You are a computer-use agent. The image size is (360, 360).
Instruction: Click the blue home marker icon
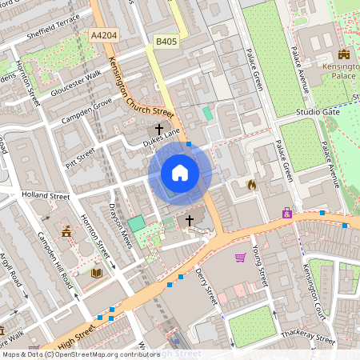pyautogui.click(x=180, y=172)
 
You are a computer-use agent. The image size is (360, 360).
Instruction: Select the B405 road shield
pyautogui.click(x=166, y=41)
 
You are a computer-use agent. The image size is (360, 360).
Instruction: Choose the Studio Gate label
pyautogui.click(x=318, y=113)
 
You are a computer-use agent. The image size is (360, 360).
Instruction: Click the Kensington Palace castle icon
pyautogui.click(x=345, y=54)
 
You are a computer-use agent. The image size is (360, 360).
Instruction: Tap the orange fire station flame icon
pyautogui.click(x=251, y=185)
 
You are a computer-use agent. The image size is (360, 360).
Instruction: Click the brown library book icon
pyautogui.click(x=97, y=274)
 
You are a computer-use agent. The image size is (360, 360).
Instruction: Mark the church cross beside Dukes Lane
pyautogui.click(x=159, y=128)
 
